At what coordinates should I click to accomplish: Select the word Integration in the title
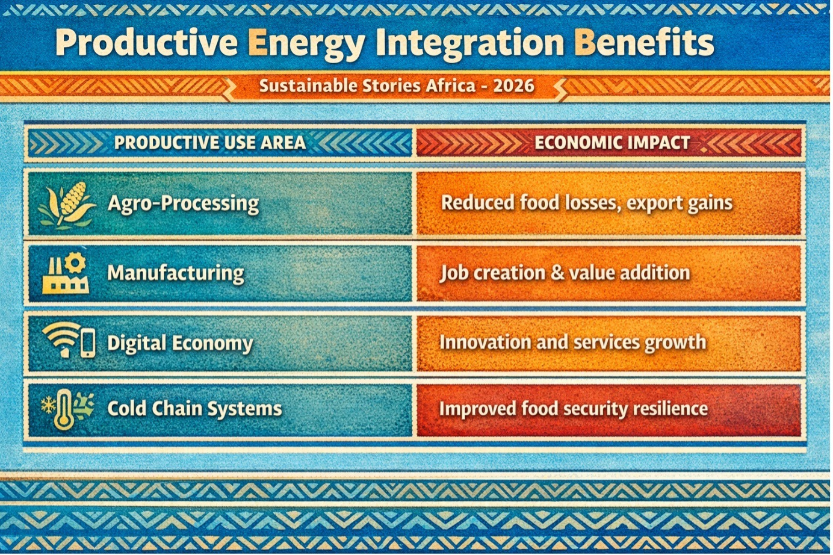[x=471, y=43]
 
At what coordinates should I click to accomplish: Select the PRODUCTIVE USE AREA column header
[x=209, y=143]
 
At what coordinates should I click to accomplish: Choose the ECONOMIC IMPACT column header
[x=612, y=143]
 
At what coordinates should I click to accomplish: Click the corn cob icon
[x=72, y=201]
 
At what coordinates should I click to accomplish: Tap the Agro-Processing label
[x=184, y=204]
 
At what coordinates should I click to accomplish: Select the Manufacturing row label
[x=176, y=273]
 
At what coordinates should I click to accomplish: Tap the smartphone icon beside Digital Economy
[x=88, y=343]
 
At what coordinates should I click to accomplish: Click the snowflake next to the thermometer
[x=48, y=405]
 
